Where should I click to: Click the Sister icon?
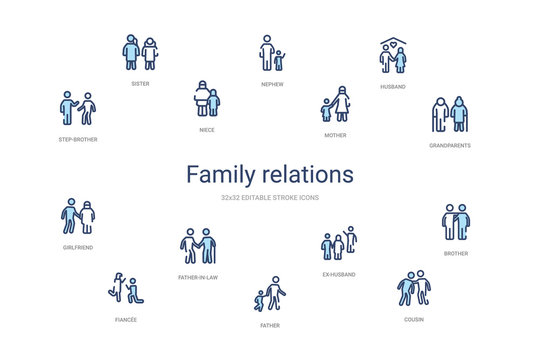(140, 53)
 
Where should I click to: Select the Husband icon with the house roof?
(393, 57)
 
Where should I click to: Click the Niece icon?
(206, 99)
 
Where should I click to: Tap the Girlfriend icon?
(77, 215)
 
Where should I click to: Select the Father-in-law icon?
(197, 246)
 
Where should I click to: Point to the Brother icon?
(456, 222)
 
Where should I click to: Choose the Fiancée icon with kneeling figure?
(125, 289)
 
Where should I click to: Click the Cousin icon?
(413, 289)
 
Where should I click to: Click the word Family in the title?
(223, 175)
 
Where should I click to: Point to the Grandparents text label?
(449, 145)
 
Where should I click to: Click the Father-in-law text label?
(197, 277)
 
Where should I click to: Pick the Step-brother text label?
(77, 139)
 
